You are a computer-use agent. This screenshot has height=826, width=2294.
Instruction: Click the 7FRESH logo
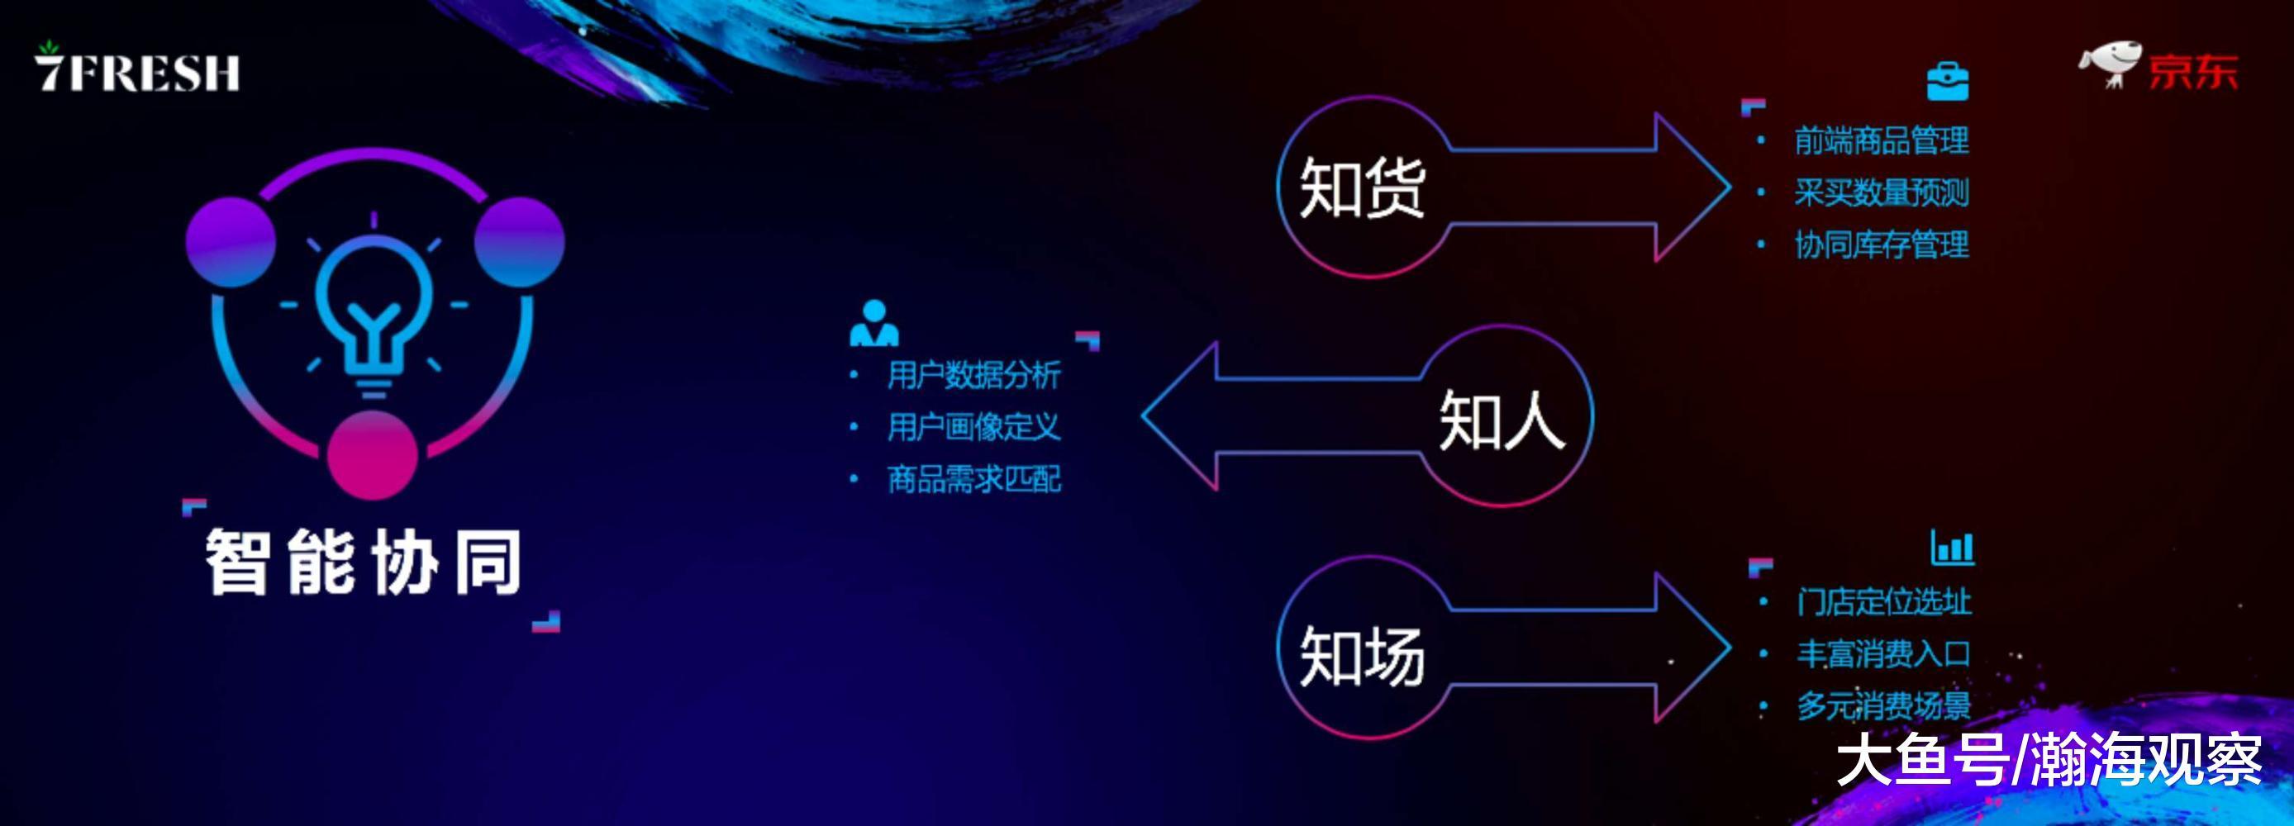pos(137,69)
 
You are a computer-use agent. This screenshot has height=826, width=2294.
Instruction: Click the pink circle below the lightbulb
pos(372,454)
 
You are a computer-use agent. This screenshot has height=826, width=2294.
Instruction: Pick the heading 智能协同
pos(364,562)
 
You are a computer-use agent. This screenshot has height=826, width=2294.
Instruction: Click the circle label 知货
pos(1362,187)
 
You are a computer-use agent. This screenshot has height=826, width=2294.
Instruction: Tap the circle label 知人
pos(1502,420)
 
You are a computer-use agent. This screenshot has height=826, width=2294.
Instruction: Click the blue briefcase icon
pos(1948,82)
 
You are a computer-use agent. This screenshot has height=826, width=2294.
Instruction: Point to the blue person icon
pos(873,323)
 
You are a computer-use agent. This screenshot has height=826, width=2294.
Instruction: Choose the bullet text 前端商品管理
pos(1881,140)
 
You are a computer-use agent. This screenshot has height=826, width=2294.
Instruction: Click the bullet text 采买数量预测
pos(1881,192)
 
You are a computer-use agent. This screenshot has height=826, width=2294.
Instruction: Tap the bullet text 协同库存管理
pos(1881,244)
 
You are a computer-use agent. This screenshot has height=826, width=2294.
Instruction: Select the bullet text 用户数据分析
pos(973,375)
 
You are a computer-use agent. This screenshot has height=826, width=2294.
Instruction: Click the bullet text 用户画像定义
pos(973,427)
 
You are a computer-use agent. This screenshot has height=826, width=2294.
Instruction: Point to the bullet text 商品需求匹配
pos(973,479)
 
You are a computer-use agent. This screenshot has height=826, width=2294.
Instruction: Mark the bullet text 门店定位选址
pos(1883,601)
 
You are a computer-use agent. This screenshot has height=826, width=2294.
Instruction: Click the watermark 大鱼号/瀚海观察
pos(2049,760)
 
